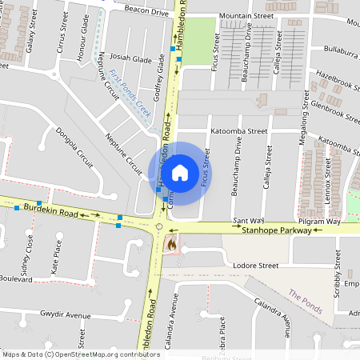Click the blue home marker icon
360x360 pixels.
pyautogui.click(x=180, y=173)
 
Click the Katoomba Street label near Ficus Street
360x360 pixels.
pyautogui.click(x=238, y=130)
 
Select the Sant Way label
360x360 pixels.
pyautogui.click(x=248, y=219)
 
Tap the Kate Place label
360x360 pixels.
pyautogui.click(x=57, y=255)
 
